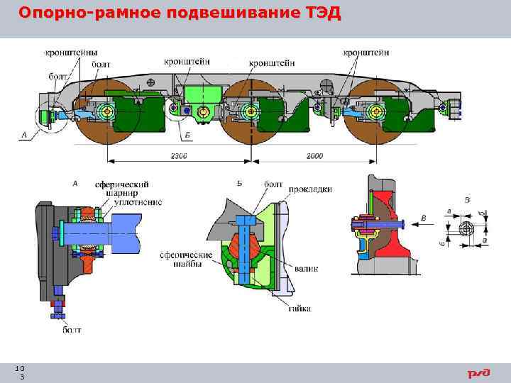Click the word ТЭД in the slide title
pos(321,13)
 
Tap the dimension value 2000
pos(317,155)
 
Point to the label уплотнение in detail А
pos(138,202)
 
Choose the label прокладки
pos(310,189)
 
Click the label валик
pos(307,269)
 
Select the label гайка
pos(299,309)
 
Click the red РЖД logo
pos(478,373)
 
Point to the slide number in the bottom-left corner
pos(21,372)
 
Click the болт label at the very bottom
pos(72,330)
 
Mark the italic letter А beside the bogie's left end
pos(25,134)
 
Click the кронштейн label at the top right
pos(366,52)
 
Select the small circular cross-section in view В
pos(466,228)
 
